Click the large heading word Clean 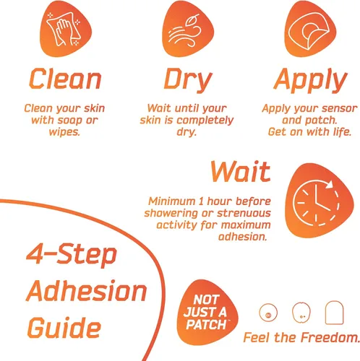click(x=65, y=79)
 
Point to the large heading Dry click(x=188, y=80)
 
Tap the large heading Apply click(x=310, y=80)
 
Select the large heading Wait click(x=241, y=171)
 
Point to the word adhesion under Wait click(x=242, y=237)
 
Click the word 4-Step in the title click(x=72, y=254)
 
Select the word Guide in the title click(x=64, y=327)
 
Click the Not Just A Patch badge click(x=207, y=312)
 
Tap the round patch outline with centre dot click(x=268, y=313)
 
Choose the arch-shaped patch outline click(x=334, y=313)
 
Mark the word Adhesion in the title click(x=86, y=290)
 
